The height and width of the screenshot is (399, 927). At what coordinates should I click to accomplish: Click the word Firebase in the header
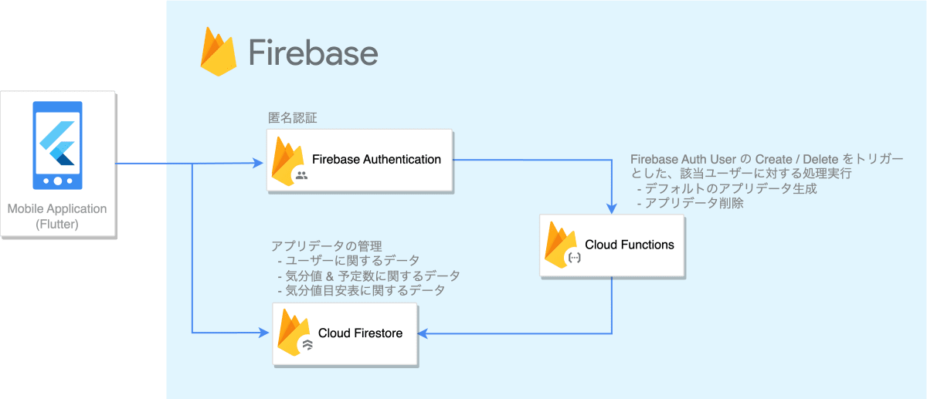pos(313,52)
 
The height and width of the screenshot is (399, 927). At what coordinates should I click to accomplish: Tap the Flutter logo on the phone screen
pos(58,144)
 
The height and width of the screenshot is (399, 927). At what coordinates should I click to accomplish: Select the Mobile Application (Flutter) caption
pos(58,217)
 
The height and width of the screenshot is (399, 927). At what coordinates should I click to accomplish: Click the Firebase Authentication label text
pos(376,160)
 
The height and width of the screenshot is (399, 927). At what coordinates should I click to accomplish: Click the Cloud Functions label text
pos(629,245)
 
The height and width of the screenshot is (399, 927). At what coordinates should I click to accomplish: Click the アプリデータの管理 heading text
pos(326,246)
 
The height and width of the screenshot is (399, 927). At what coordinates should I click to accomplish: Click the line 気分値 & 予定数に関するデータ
pos(368,276)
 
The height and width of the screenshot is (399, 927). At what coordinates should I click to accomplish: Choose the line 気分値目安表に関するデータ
pos(361,290)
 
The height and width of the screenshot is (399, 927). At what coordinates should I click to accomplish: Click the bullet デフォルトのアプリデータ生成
pos(726,189)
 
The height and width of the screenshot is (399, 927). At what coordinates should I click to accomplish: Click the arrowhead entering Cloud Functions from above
pos(613,208)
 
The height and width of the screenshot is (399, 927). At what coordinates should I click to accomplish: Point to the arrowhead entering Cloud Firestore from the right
pos(423,333)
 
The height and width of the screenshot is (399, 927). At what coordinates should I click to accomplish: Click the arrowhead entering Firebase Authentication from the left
pos(259,164)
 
